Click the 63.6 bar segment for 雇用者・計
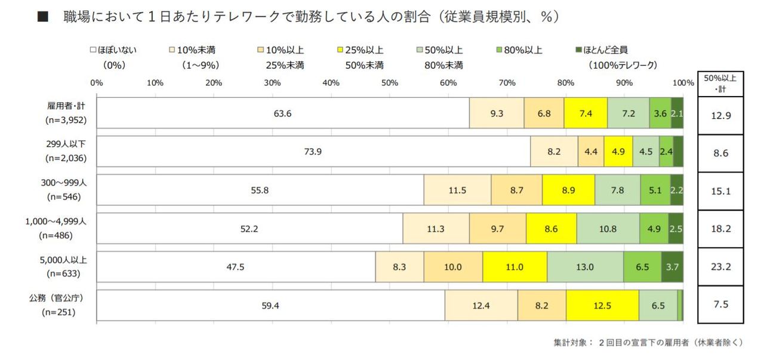click(x=282, y=113)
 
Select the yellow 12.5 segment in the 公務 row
click(x=602, y=306)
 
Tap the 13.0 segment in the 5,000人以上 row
click(x=585, y=267)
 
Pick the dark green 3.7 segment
click(x=672, y=267)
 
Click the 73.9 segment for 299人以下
click(x=313, y=152)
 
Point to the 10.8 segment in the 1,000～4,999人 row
click(x=608, y=228)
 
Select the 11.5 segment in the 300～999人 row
click(x=457, y=190)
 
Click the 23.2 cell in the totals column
click(x=720, y=267)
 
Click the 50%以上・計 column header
click(x=720, y=83)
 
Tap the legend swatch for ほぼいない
click(x=93, y=50)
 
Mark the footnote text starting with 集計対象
click(x=648, y=343)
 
